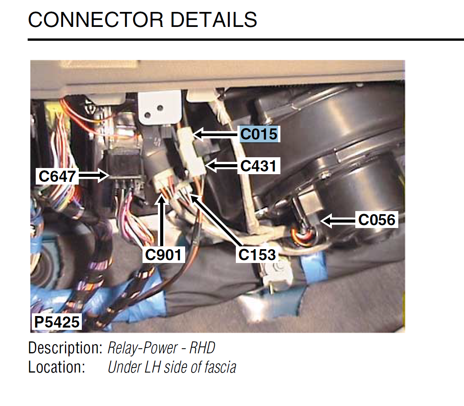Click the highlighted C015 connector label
[259, 134]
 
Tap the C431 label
[259, 166]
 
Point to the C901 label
[163, 255]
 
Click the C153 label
[257, 255]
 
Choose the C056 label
[377, 220]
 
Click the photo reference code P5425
[57, 322]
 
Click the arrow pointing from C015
[215, 134]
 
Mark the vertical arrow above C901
[162, 220]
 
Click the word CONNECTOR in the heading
[96, 20]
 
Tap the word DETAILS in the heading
[214, 20]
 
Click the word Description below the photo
[65, 348]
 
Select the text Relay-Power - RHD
[161, 348]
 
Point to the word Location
[56, 367]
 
